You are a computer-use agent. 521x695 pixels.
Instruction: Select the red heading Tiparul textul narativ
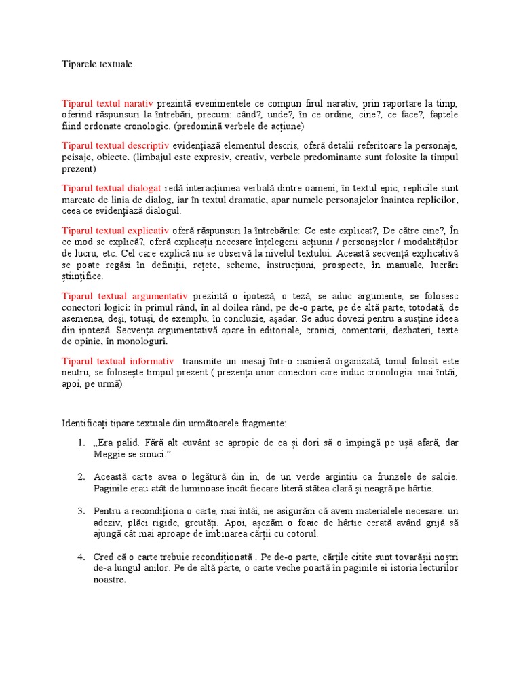109,103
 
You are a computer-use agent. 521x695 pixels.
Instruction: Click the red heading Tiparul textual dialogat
111,187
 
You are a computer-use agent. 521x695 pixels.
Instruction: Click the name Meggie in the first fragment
109,454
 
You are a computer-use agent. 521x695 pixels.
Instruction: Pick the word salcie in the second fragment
444,477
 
